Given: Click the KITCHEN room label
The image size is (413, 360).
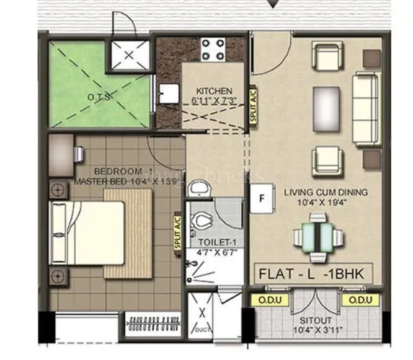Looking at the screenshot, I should point(214,90).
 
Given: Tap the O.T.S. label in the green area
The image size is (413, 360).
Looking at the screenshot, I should point(99,97).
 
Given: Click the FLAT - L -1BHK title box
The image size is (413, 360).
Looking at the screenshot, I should point(314,273).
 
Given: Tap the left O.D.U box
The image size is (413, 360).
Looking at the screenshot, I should point(265,300).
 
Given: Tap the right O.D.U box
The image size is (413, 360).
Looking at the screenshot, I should point(360,300).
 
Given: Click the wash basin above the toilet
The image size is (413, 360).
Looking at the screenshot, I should point(199,188).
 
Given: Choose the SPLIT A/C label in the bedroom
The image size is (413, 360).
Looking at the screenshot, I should point(179,232).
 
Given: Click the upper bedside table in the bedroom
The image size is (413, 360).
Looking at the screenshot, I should point(57,190).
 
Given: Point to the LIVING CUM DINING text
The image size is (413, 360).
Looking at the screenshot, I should point(326,192).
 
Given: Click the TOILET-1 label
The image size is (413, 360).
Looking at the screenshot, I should point(214,243).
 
